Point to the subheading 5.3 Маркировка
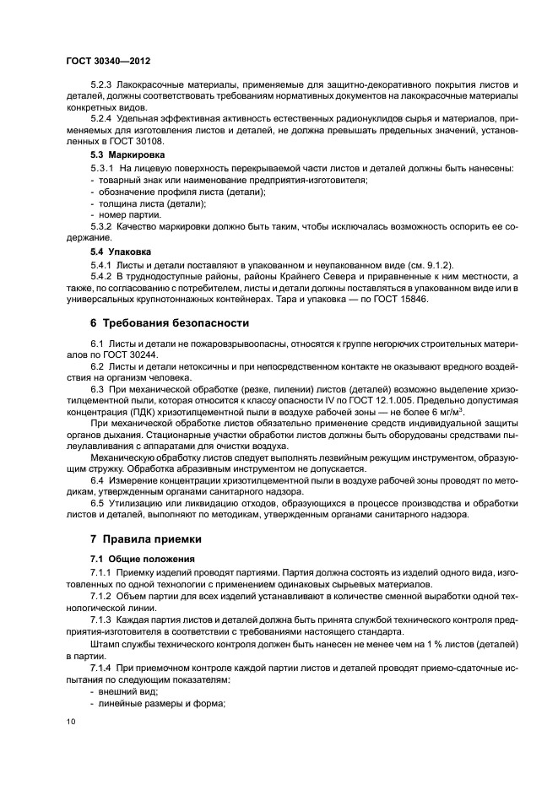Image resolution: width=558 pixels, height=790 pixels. [x=127, y=155]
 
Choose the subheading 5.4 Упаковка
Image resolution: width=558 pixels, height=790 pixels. [x=121, y=252]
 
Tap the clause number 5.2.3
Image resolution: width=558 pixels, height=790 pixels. [x=105, y=86]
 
